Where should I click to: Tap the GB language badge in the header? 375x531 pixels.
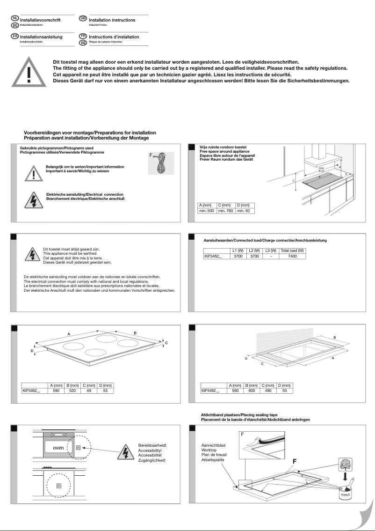click(83, 18)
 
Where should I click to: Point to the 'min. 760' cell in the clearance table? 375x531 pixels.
click(226, 211)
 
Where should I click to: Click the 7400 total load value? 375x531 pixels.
click(292, 257)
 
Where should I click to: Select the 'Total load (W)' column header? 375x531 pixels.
click(292, 251)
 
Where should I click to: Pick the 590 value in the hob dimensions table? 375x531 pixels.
click(56, 390)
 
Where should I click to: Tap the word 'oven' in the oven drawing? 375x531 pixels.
click(58, 448)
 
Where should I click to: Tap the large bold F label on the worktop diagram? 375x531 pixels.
click(295, 461)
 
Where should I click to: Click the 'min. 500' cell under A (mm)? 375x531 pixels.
click(207, 211)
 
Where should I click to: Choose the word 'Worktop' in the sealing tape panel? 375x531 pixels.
click(209, 450)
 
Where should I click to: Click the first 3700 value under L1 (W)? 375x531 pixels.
click(238, 257)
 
